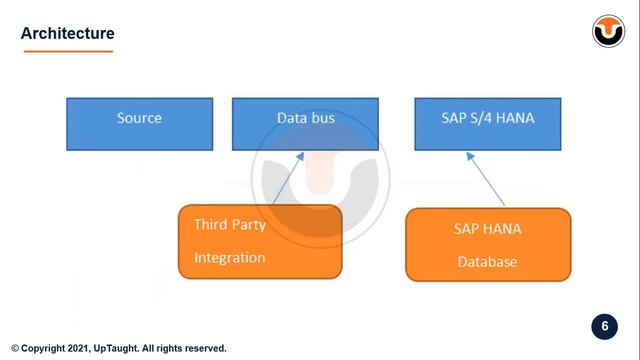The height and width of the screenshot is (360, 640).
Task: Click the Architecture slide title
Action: point(68,34)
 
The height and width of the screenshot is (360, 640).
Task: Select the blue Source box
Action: point(139,123)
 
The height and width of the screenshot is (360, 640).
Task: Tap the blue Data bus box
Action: point(305,123)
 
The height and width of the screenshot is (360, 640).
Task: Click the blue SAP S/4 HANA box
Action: point(488,123)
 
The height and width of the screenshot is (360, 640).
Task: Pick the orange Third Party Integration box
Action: point(259,241)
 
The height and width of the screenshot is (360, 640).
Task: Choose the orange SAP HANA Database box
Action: point(487,244)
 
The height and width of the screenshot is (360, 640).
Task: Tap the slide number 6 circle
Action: point(603,327)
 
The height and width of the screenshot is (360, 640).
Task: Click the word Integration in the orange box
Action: point(229,258)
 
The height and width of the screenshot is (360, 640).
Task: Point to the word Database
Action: point(487,262)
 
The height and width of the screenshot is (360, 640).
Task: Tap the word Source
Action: point(139,118)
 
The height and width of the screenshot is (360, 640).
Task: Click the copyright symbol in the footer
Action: point(15,349)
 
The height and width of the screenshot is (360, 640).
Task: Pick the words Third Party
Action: point(229,224)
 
